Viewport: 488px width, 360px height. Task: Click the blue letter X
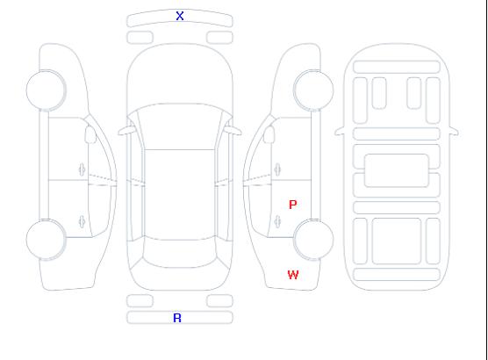click(180, 16)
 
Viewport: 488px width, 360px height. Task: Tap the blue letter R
click(177, 318)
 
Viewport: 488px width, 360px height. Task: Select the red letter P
click(292, 205)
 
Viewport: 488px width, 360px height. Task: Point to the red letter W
click(293, 275)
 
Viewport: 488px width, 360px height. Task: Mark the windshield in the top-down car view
click(180, 126)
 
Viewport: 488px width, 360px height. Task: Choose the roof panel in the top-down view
click(180, 195)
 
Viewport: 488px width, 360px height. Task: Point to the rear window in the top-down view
click(180, 253)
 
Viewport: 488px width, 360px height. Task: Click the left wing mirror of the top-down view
click(126, 131)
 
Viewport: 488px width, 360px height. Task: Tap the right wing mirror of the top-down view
click(233, 131)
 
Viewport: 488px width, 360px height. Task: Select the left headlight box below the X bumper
click(140, 38)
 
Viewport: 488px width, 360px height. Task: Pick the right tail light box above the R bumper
click(219, 301)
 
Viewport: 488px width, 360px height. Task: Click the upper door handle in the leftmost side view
click(82, 169)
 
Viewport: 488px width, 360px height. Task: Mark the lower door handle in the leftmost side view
click(82, 221)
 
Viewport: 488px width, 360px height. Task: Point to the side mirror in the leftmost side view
click(90, 134)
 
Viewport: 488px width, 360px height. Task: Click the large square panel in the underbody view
click(397, 241)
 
